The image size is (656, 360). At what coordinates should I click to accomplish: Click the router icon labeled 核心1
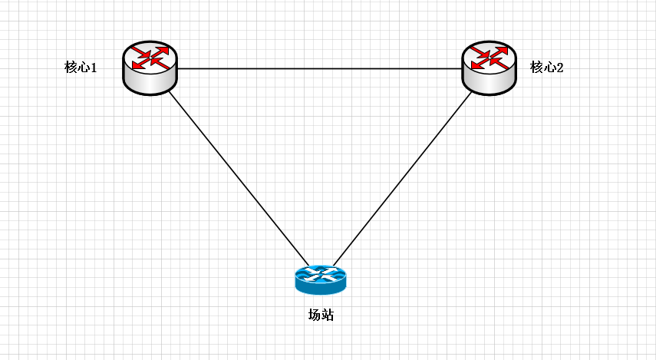(150, 68)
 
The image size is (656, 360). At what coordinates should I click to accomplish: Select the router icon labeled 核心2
(489, 68)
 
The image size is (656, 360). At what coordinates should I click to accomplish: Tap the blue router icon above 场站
(320, 279)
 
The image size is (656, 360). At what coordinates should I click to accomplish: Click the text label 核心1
(81, 68)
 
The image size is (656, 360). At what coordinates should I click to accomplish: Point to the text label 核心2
(547, 68)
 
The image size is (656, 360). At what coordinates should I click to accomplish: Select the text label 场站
(321, 315)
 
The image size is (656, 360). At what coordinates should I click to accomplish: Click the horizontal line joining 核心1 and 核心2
(319, 69)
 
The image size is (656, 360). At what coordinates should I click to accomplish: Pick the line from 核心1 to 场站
(238, 177)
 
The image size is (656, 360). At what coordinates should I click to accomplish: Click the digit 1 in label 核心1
(94, 68)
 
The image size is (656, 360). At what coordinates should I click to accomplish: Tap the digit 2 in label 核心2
(560, 68)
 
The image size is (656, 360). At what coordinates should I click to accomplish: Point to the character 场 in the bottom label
(314, 315)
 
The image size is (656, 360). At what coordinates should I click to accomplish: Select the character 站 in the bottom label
(327, 315)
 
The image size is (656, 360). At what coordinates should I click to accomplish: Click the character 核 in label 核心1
(71, 68)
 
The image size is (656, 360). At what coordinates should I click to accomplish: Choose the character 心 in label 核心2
(547, 68)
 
